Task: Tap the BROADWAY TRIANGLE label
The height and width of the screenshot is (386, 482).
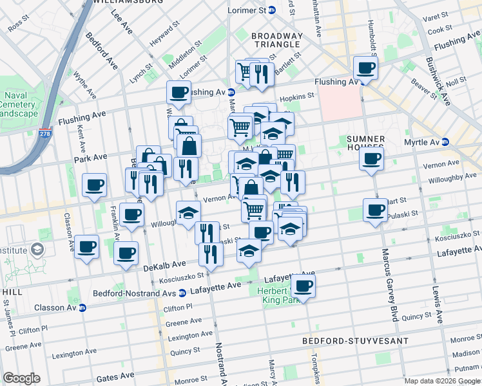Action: (276, 40)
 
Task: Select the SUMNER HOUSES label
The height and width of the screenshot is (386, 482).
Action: (365, 143)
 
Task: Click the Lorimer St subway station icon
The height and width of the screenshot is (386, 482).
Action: (272, 10)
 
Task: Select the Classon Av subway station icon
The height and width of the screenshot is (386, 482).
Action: (82, 307)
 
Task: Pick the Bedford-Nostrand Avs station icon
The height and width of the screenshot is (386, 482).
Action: (182, 293)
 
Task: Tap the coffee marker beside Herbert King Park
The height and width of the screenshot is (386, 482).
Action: (304, 285)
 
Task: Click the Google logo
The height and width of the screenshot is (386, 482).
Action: (22, 378)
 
